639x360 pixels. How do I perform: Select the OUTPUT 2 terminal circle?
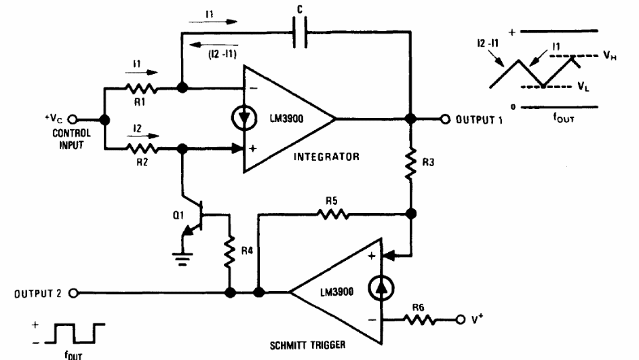(73, 294)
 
